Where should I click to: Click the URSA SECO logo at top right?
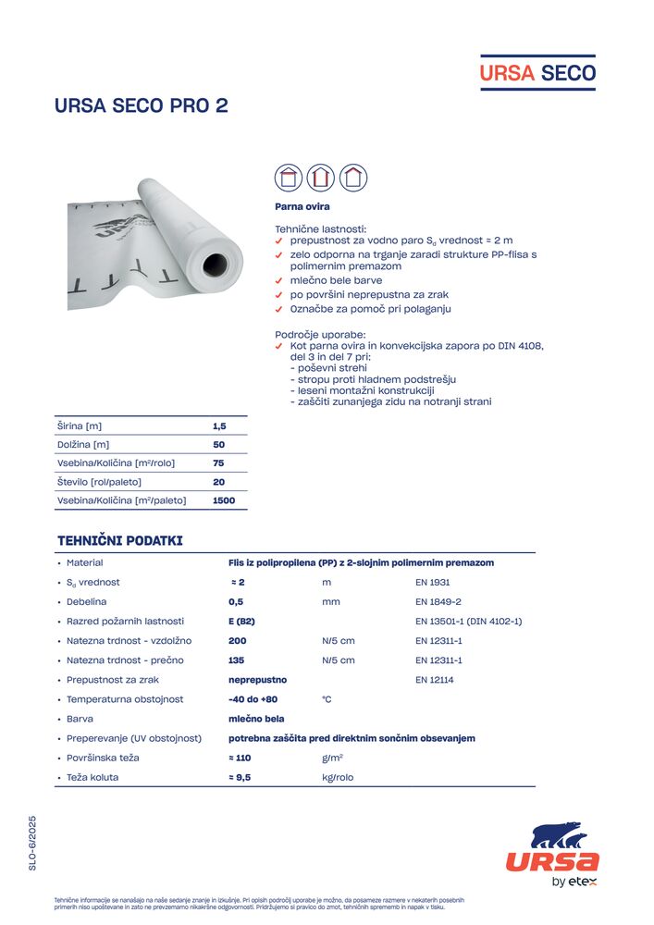click(537, 72)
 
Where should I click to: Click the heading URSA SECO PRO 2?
click(142, 105)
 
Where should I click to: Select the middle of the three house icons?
click(320, 177)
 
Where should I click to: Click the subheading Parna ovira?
click(302, 206)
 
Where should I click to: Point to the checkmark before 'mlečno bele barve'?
click(279, 280)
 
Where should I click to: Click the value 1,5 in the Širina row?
click(219, 426)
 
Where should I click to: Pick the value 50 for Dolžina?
click(219, 445)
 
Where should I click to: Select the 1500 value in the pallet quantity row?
click(224, 500)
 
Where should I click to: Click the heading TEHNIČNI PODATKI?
click(120, 540)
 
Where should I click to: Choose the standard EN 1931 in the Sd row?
click(433, 582)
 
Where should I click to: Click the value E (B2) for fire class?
click(241, 621)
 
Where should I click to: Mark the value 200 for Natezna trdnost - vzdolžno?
click(238, 640)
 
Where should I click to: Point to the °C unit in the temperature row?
click(327, 699)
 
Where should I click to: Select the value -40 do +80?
click(253, 699)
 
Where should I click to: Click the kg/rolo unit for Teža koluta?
click(338, 778)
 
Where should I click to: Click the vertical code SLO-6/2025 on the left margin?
click(32, 843)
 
